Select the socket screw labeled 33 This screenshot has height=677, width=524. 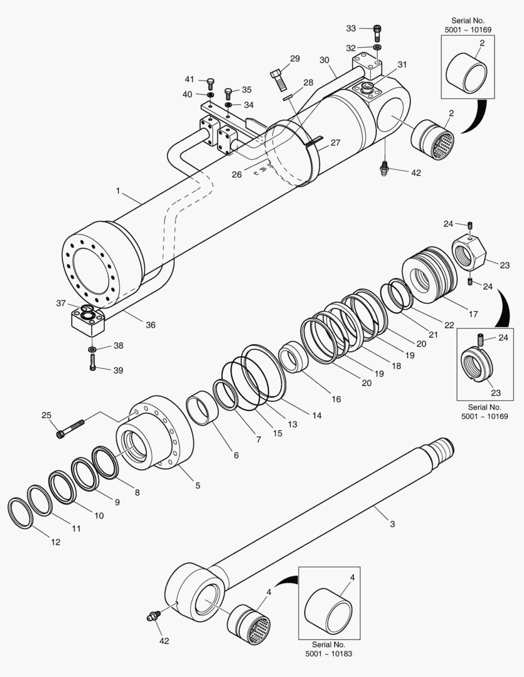point(377,31)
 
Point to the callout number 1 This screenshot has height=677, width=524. point(117,189)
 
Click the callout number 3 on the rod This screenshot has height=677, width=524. point(392,524)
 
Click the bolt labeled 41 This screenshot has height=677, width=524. point(210,81)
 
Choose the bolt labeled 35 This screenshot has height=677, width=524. point(228,93)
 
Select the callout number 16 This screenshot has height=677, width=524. point(336,399)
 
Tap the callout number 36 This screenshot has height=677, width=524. point(151,325)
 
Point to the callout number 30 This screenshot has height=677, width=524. point(324,60)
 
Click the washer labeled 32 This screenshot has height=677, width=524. point(377,48)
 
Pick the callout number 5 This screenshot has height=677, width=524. point(198,485)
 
